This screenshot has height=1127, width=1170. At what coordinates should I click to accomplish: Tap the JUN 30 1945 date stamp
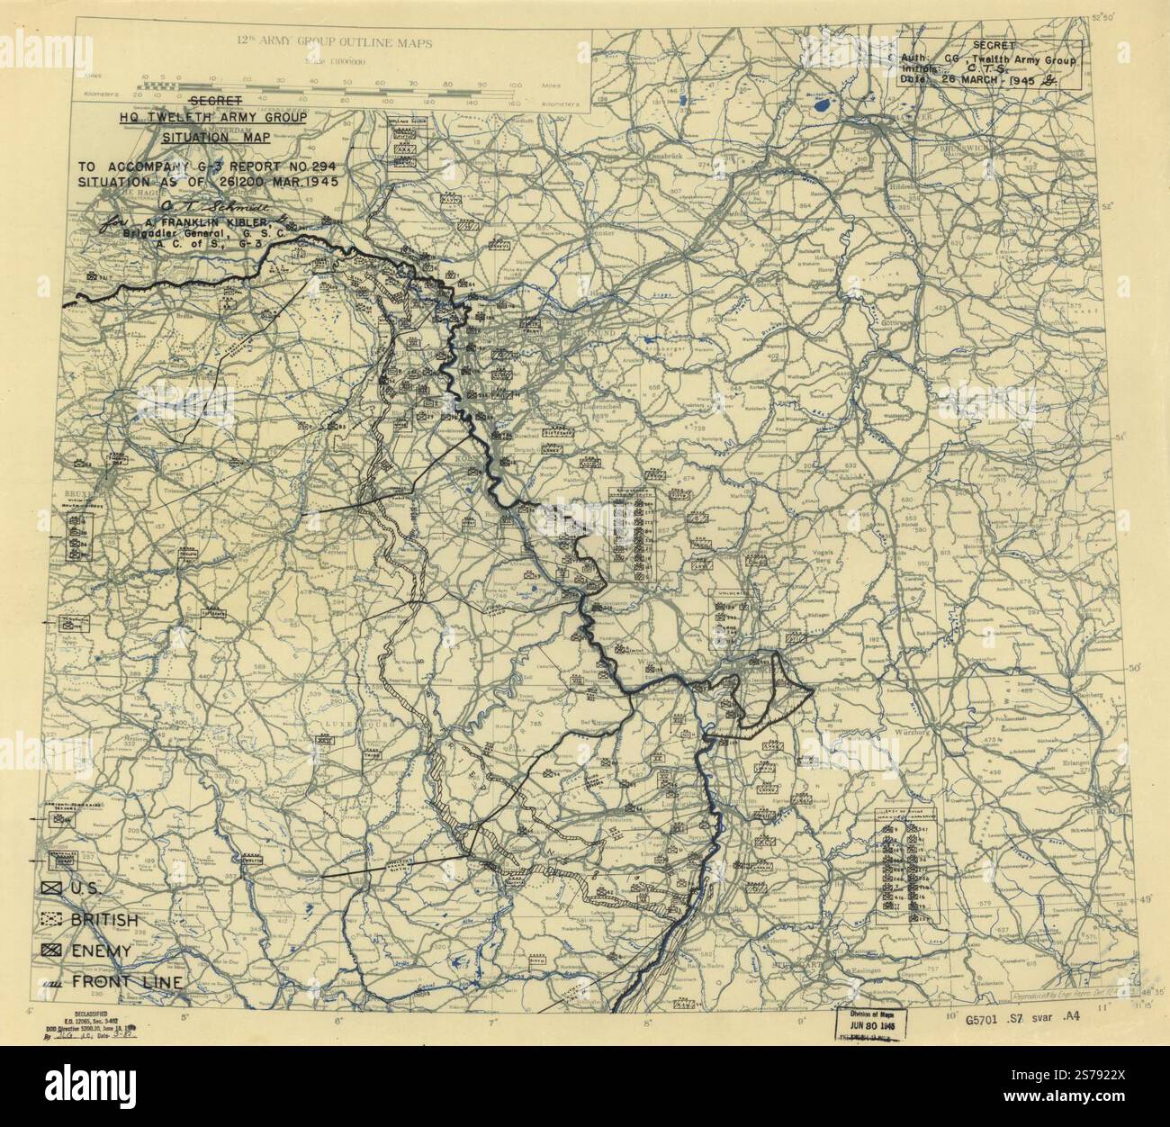874,1026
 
